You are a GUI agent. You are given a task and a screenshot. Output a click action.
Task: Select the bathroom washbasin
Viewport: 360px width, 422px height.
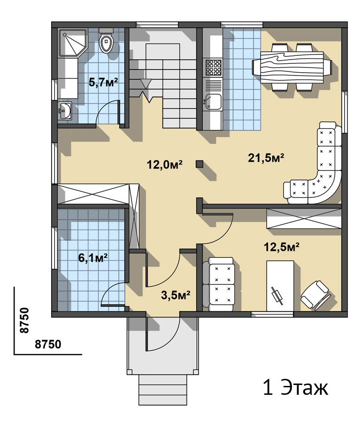point(65,111)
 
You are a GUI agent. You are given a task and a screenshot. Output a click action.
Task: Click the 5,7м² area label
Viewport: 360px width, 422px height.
point(103,82)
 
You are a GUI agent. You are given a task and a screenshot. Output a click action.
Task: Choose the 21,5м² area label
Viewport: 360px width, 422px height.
point(266,158)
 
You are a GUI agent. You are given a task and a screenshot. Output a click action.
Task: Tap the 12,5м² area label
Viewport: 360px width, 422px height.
point(282,247)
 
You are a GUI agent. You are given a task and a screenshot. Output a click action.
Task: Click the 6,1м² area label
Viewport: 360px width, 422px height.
point(93,257)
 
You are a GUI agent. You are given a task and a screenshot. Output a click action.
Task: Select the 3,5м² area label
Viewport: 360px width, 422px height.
point(176,295)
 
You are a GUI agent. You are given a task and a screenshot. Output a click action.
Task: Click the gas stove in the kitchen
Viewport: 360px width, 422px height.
point(214,67)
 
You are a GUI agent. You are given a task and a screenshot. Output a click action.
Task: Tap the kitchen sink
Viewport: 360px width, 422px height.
point(213,101)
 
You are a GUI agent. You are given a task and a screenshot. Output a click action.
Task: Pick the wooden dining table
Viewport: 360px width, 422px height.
point(292,67)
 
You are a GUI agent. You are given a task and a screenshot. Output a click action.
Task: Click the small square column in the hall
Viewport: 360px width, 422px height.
point(199,164)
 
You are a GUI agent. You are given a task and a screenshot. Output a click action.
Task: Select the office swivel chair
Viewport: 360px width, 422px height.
point(315,295)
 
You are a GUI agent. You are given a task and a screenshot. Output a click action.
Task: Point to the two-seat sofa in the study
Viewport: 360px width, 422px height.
point(219,284)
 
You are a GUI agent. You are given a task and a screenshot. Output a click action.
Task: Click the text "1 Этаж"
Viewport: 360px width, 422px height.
point(296,388)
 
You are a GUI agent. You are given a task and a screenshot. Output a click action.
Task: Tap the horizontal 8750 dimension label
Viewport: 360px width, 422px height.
point(48,344)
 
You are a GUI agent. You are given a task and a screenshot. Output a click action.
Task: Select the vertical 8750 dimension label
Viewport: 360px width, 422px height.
point(24,320)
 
